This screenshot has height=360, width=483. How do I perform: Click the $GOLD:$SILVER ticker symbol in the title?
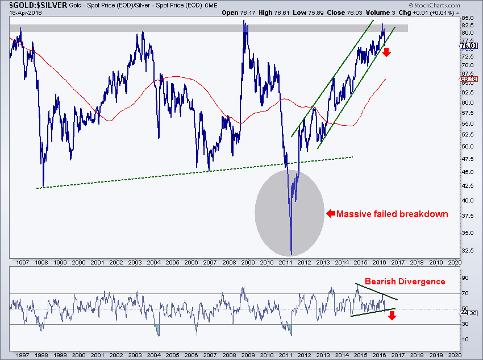(x=38, y=5)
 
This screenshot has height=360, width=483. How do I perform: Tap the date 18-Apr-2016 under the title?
(x=25, y=13)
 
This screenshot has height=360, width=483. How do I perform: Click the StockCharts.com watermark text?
(x=435, y=5)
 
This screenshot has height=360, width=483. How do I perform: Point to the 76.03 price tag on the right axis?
(x=469, y=45)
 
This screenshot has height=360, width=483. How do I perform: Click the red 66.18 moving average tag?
(x=469, y=79)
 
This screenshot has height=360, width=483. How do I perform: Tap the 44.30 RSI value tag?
(x=469, y=313)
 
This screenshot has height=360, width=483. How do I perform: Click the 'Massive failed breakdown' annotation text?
(x=392, y=214)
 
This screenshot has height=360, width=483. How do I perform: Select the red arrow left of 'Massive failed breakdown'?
(x=331, y=213)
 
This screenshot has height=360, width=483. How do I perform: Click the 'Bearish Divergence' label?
(x=405, y=282)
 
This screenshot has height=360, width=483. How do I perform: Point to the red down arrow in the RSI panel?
(x=392, y=316)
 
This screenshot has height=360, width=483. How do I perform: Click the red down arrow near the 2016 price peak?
(x=386, y=52)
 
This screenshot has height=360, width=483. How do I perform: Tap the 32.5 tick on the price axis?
(x=467, y=251)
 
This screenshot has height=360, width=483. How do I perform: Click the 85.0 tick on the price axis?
(x=467, y=18)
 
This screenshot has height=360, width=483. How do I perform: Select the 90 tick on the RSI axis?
(x=465, y=278)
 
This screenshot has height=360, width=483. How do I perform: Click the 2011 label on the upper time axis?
(x=286, y=262)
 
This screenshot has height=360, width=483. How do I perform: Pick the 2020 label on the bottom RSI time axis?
(x=455, y=355)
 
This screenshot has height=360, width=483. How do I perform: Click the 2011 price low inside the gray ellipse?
(x=292, y=255)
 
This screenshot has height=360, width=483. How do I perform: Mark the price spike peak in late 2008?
(x=244, y=20)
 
